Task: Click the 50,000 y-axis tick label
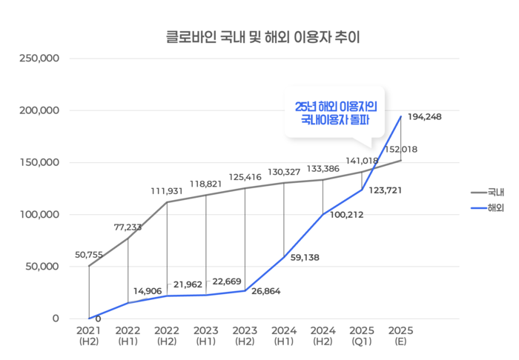click(42, 267)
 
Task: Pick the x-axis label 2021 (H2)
click(89, 335)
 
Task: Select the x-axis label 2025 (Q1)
click(362, 335)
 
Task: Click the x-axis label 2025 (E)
click(400, 335)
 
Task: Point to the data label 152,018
click(400, 149)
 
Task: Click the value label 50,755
click(90, 255)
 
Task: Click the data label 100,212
click(347, 216)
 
